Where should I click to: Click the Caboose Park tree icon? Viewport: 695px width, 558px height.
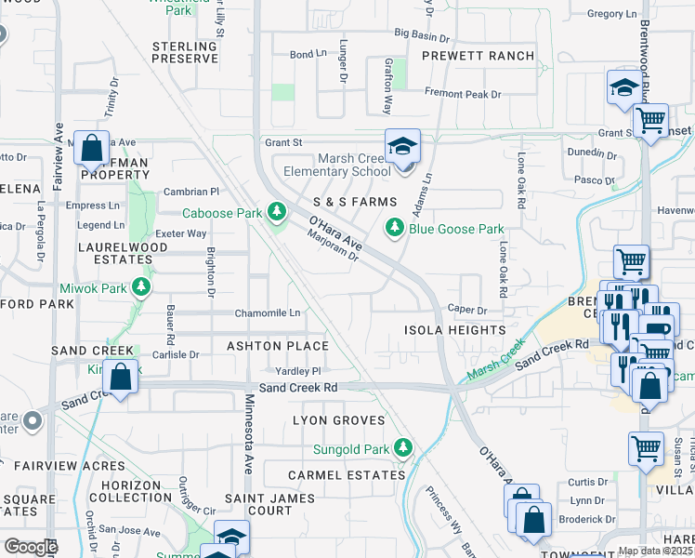point(275,213)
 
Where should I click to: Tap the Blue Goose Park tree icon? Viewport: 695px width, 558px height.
point(395,228)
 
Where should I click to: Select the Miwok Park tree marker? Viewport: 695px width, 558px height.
point(141,287)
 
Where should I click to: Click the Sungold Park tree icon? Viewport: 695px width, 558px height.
point(403,449)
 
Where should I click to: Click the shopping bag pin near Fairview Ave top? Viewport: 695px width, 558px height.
point(92,148)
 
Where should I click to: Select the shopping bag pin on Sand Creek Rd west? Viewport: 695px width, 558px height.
point(120,378)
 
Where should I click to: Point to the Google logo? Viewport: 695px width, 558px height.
point(31,546)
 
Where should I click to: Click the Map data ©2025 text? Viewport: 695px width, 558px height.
point(654,551)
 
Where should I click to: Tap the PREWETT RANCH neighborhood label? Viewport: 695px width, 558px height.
point(479,56)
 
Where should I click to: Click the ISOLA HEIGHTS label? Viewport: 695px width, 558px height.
point(454,330)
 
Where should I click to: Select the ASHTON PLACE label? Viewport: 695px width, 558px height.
point(278,346)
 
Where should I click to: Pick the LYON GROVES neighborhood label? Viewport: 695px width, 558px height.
point(338,420)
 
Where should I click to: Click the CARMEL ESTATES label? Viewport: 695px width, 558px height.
point(347,474)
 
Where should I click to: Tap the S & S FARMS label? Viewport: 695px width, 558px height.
point(355,202)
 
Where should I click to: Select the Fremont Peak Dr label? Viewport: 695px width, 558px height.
point(463,94)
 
